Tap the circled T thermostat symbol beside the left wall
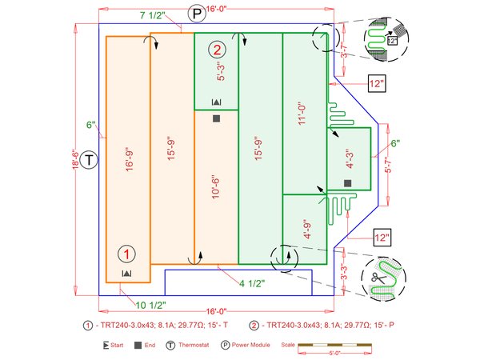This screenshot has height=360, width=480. (x=90, y=159)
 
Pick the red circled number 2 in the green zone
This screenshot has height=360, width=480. (x=217, y=49)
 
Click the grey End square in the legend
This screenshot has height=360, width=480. (x=138, y=345)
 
